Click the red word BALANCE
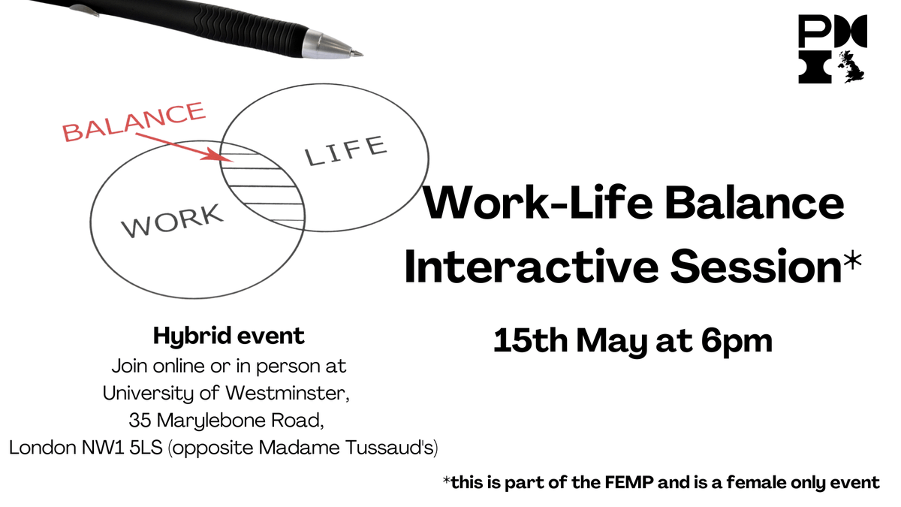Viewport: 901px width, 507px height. pos(134,122)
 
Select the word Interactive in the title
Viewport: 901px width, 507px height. pos(510,268)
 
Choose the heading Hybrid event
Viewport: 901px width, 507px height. pos(229,336)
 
